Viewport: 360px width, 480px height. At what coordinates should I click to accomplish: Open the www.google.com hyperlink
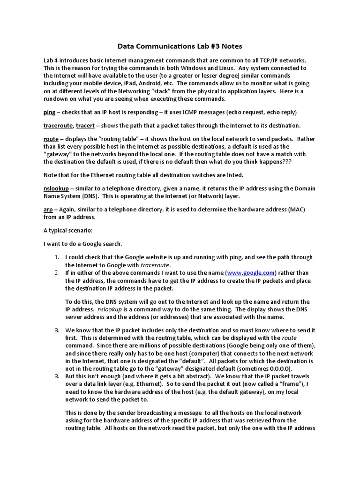[x=251, y=272]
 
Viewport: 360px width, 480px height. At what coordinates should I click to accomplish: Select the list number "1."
[x=57, y=257]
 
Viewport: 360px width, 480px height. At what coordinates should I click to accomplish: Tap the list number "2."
[x=57, y=272]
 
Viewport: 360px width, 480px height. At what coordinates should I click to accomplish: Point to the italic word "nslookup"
[x=111, y=310]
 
